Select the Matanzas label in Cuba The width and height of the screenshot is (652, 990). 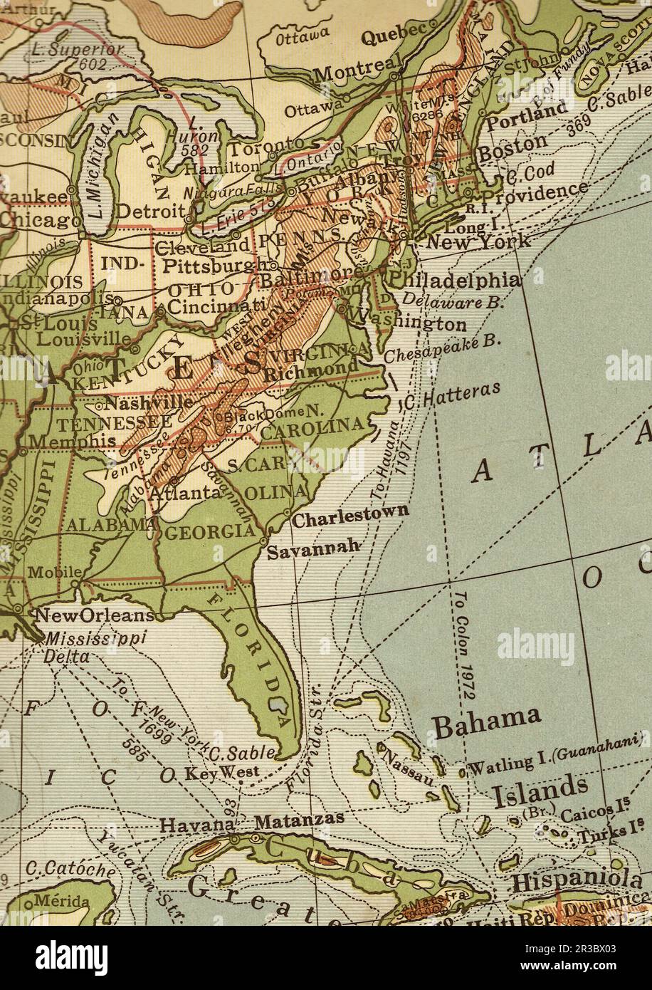click(x=299, y=820)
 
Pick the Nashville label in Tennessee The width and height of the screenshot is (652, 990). click(x=147, y=402)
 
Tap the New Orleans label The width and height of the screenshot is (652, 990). click(x=94, y=614)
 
